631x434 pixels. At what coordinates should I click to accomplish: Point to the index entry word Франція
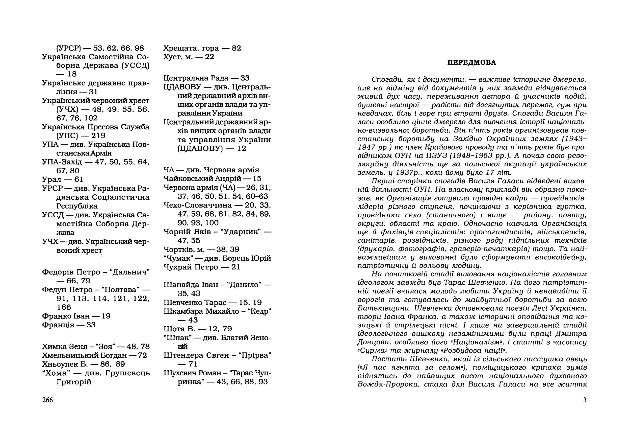pos(58,325)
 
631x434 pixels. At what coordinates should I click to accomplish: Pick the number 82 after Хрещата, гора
pos(236,48)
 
